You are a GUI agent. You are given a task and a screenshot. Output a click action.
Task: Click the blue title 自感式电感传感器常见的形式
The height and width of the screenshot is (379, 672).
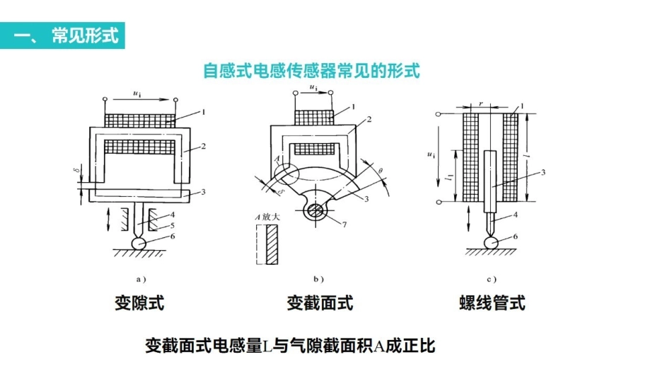click(x=311, y=71)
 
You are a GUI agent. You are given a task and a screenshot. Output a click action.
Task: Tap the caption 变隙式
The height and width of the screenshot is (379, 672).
click(x=139, y=303)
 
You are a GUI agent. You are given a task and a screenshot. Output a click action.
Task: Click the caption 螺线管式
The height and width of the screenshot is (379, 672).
click(x=492, y=303)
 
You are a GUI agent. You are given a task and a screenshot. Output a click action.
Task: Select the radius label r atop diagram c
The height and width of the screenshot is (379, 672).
click(x=481, y=103)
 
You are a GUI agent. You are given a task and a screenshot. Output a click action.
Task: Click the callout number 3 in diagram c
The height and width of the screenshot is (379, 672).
click(x=543, y=172)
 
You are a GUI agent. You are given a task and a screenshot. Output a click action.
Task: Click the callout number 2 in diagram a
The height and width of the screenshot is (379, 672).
click(x=203, y=147)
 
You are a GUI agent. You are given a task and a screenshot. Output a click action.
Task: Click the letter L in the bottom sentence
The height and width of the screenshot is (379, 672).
click(x=267, y=347)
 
